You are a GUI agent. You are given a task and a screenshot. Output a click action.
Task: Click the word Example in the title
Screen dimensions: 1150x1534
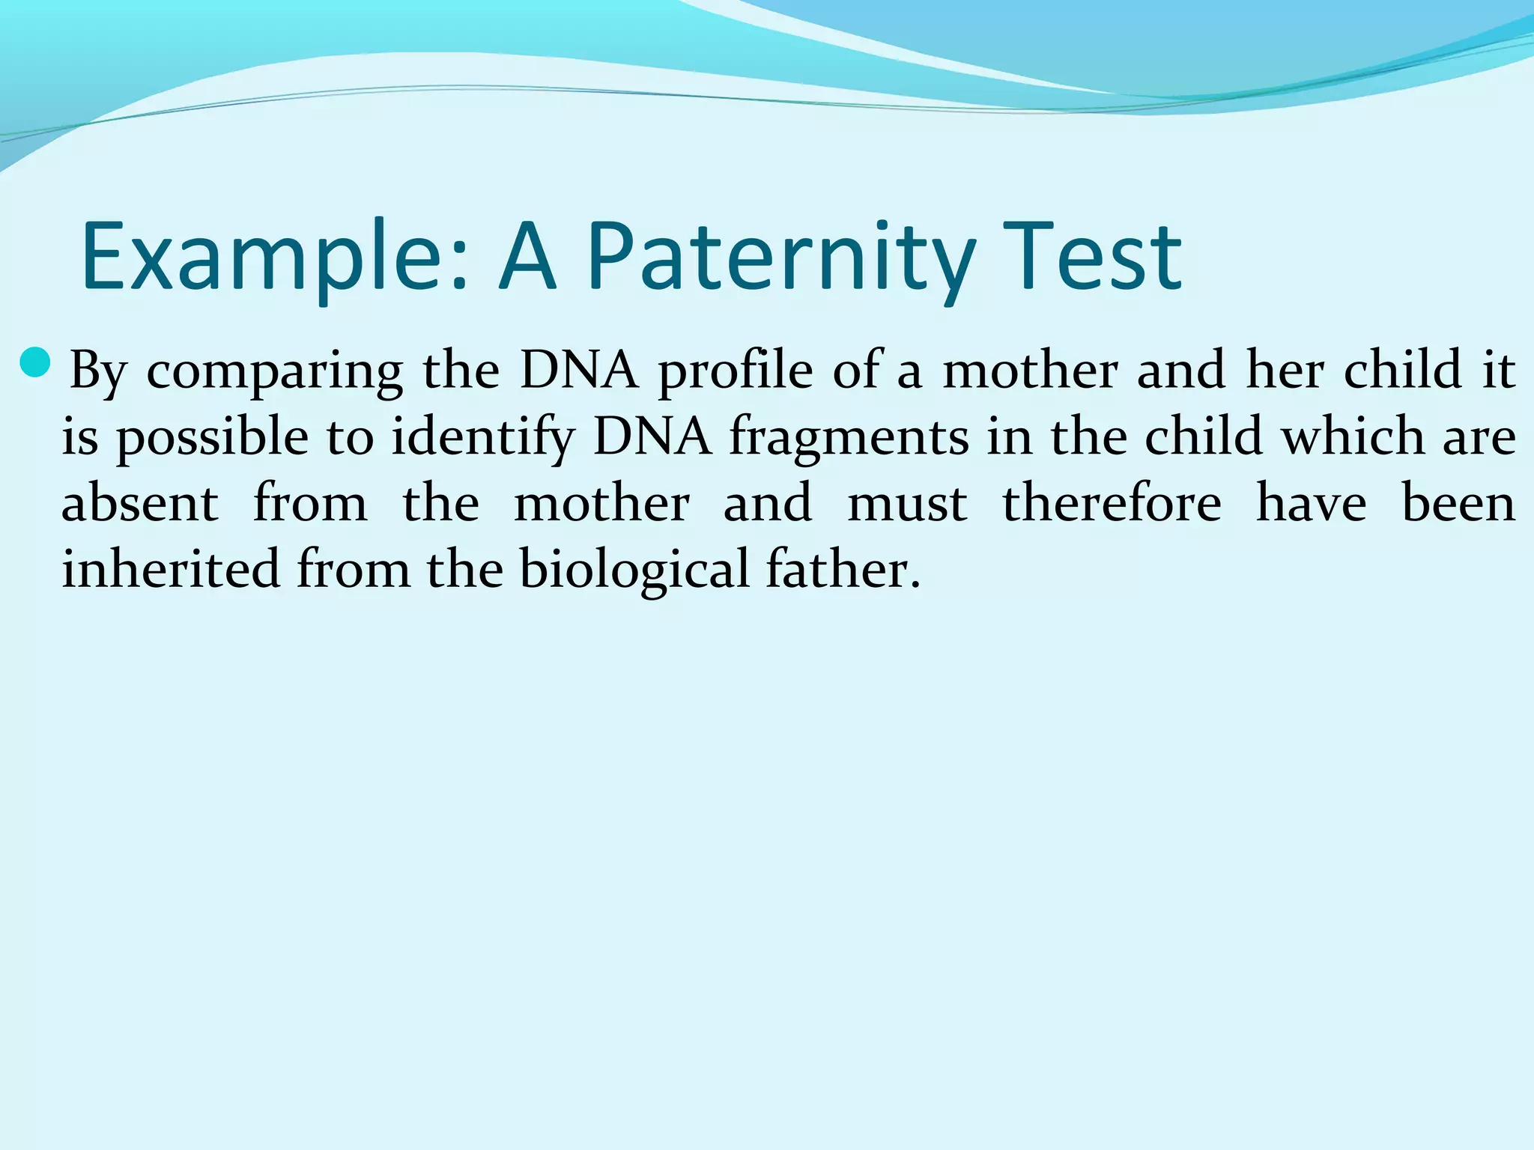[x=274, y=257]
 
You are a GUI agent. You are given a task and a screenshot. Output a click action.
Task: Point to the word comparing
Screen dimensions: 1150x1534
[x=274, y=371]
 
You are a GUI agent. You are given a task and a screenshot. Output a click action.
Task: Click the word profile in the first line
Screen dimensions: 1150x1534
[x=735, y=371]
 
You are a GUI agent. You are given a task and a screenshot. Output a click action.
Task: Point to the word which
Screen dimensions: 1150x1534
[x=1352, y=436]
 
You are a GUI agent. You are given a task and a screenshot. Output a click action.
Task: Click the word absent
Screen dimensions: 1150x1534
[x=139, y=503]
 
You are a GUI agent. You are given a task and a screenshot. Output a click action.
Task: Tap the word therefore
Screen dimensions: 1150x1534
[x=1112, y=503]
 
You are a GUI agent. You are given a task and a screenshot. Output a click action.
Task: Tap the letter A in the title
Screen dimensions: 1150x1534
[x=528, y=257]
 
